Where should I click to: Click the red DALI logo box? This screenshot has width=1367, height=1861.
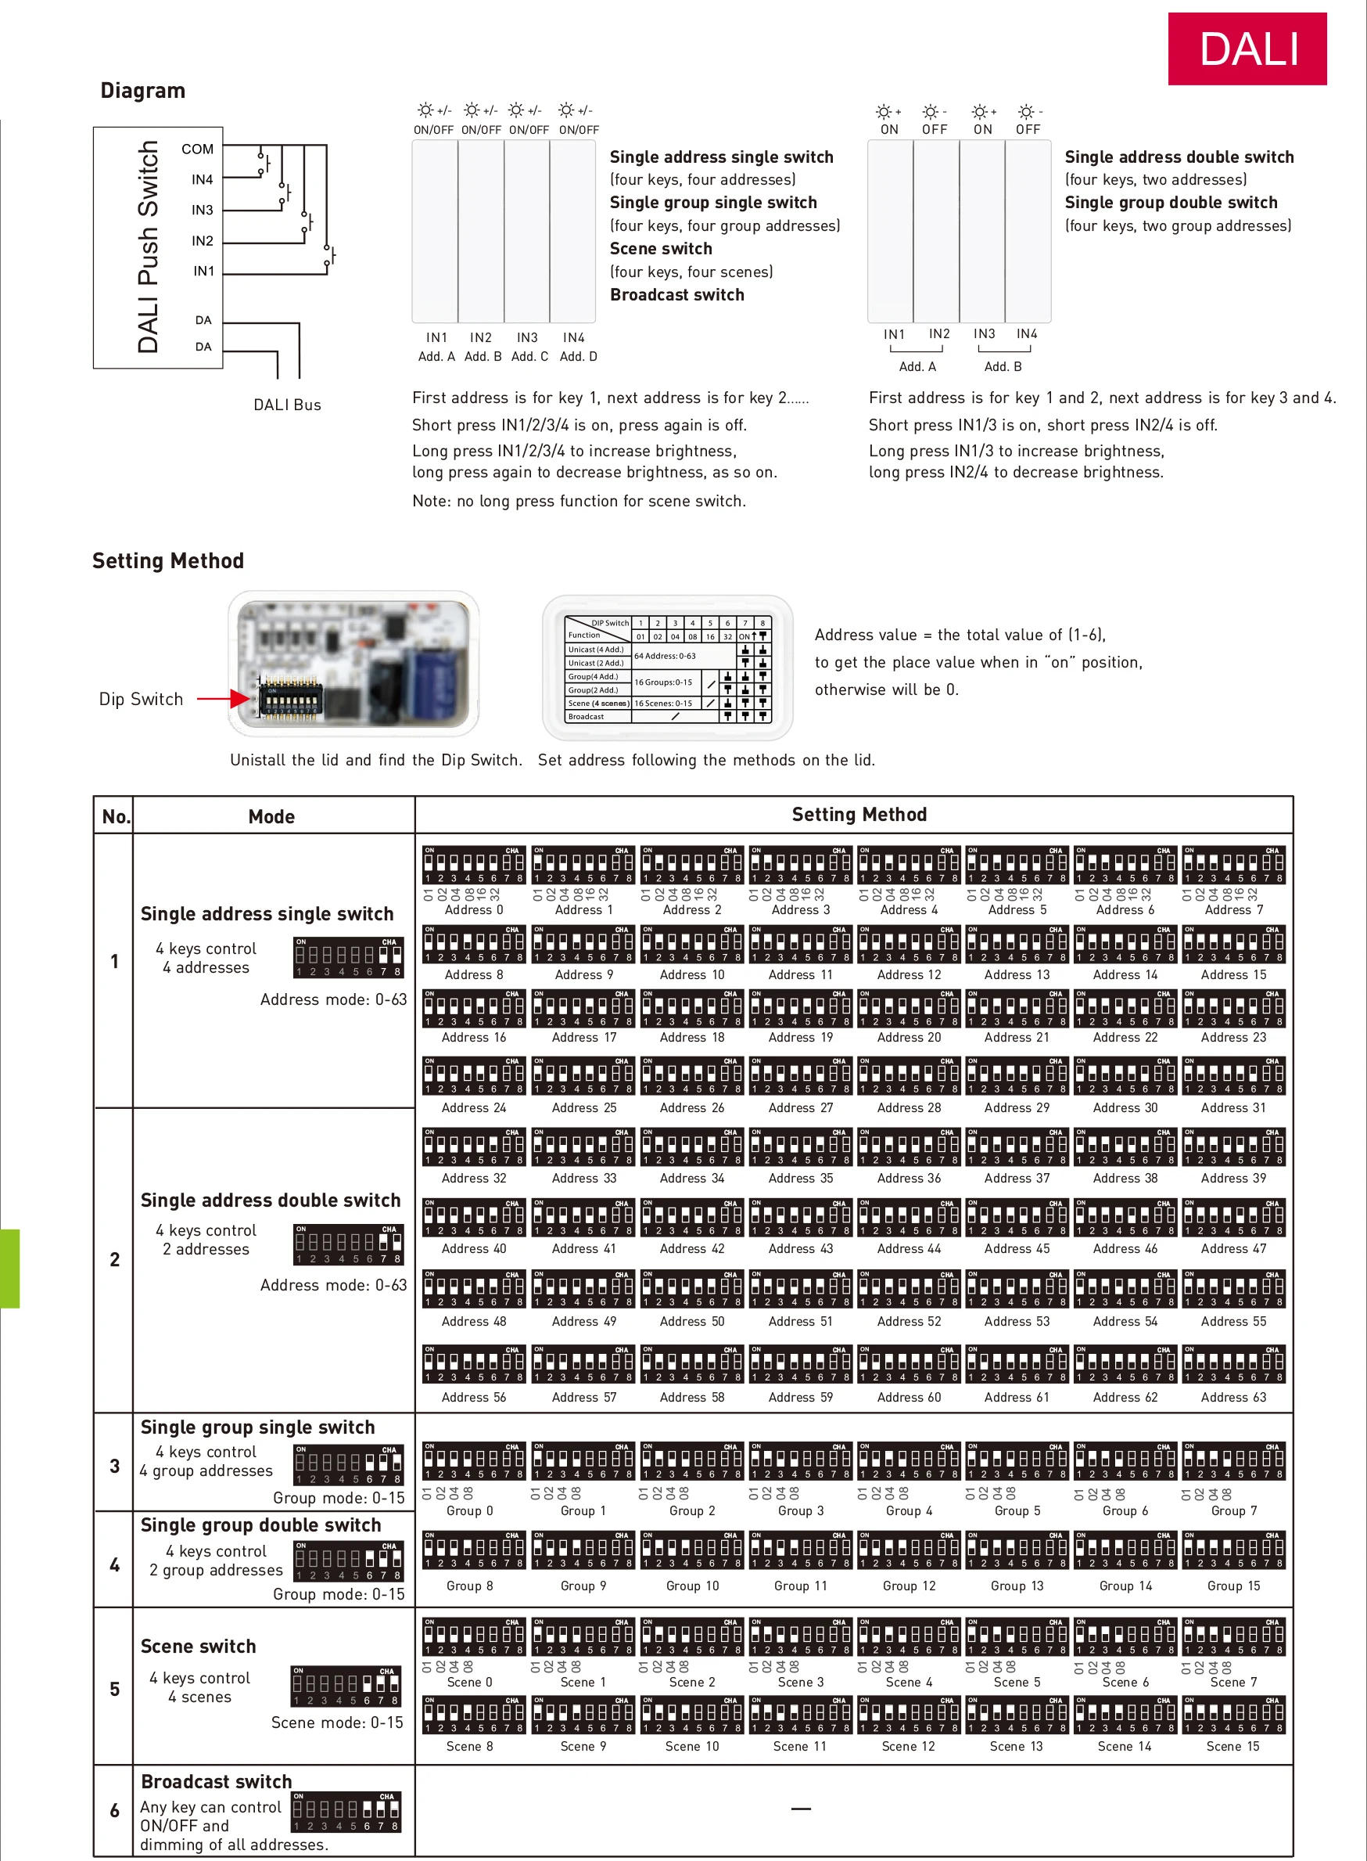[1247, 49]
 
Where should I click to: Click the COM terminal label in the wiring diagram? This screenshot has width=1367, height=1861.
[197, 149]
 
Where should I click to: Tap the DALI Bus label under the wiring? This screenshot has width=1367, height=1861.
[286, 405]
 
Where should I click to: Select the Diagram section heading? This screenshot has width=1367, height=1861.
[142, 90]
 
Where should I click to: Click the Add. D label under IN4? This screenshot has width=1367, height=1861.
[578, 357]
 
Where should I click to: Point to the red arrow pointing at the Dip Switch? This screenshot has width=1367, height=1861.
[224, 699]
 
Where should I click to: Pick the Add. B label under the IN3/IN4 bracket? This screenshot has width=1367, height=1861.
[1002, 367]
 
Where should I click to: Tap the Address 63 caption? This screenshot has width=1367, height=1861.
[1233, 1398]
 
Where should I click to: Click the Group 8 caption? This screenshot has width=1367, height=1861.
[469, 1586]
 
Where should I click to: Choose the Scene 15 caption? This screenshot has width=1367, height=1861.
[1232, 1746]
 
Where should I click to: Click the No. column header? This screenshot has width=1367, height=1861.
[115, 817]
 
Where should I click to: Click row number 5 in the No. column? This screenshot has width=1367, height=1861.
[114, 1689]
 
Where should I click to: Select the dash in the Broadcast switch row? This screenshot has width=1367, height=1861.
[800, 1809]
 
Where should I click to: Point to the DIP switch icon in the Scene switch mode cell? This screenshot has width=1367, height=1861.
[345, 1686]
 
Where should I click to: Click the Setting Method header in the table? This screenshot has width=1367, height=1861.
[858, 815]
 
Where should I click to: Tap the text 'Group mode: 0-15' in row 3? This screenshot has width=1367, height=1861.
[339, 1498]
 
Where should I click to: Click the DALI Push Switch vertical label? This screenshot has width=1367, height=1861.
[148, 246]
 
